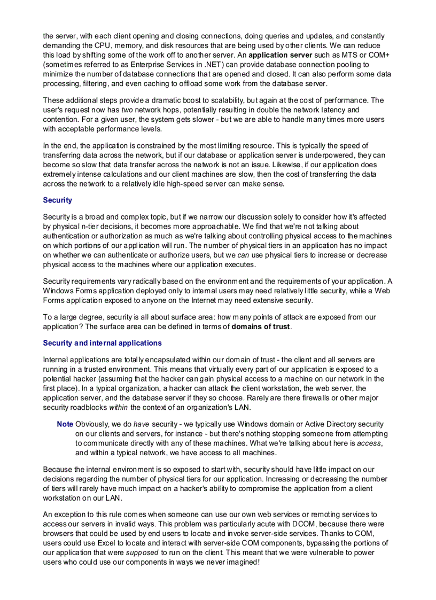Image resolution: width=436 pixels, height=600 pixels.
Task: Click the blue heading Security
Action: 57,200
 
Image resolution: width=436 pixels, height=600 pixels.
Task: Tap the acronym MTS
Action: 335,54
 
